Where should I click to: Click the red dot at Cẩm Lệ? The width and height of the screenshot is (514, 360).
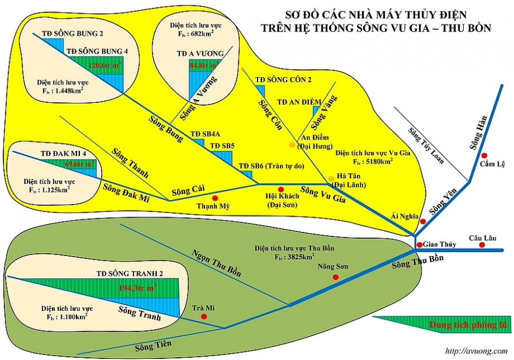(484, 155)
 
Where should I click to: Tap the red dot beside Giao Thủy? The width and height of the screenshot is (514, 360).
(419, 245)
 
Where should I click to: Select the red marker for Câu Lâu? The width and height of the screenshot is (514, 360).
(482, 245)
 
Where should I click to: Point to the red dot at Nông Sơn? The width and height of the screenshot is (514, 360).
(335, 277)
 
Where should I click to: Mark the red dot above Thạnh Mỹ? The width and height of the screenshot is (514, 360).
(215, 198)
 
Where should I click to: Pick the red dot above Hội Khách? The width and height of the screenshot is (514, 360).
(280, 189)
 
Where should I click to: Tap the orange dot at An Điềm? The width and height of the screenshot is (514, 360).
(292, 145)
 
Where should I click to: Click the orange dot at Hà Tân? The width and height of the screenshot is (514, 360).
(331, 180)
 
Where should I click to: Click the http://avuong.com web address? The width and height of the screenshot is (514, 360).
(476, 351)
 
